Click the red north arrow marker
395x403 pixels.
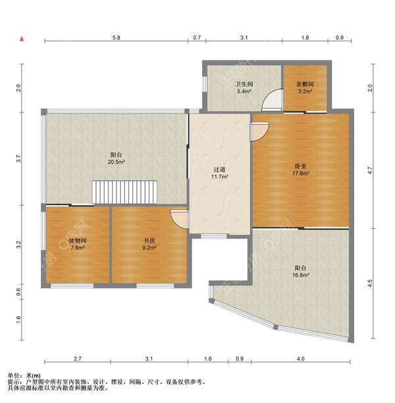[22, 39]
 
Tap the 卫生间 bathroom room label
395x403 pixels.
[244, 84]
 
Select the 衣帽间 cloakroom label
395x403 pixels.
[305, 84]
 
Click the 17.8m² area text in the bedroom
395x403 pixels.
[301, 174]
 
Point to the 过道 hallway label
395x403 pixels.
[219, 170]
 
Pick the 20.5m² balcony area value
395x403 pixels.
[117, 162]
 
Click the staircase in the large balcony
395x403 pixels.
[124, 192]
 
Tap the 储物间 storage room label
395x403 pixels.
[78, 241]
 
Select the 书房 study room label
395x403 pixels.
[149, 241]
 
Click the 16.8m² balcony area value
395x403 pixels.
[301, 275]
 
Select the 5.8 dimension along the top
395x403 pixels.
[117, 37]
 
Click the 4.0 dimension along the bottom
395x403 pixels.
[301, 358]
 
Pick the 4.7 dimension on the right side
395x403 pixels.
[370, 170]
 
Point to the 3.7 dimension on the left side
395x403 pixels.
[18, 158]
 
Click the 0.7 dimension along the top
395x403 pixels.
[197, 37]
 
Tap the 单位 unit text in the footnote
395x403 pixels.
[13, 375]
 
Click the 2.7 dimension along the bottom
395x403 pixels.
[78, 358]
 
